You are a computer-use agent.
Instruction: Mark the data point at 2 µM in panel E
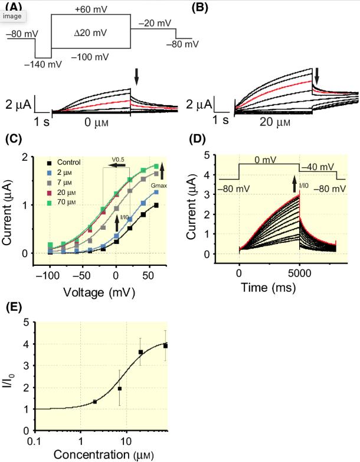(96, 402)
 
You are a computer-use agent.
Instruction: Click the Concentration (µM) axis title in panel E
(105, 456)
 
